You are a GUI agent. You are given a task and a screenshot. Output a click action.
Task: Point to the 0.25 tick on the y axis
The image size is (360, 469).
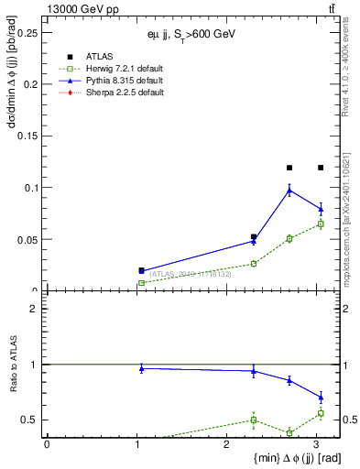pyautogui.click(x=27, y=32)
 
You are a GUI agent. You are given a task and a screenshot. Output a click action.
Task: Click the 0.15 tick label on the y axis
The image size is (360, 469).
pyautogui.click(x=27, y=136)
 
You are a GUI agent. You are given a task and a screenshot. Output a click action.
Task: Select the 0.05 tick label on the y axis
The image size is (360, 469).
pyautogui.click(x=27, y=240)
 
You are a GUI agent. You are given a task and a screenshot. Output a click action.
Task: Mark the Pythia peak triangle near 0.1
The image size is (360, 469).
pyautogui.click(x=289, y=191)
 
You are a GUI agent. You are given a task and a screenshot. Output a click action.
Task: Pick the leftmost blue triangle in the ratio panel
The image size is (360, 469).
pyautogui.click(x=141, y=368)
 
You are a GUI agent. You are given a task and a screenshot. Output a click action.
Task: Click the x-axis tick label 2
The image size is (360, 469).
pyautogui.click(x=226, y=443)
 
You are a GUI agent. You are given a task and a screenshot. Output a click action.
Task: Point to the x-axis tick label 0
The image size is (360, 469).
pyautogui.click(x=47, y=443)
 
